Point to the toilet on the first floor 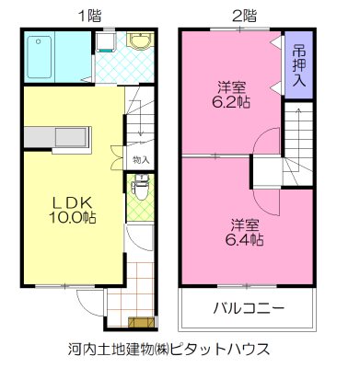click(140, 190)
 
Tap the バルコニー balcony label click(248, 307)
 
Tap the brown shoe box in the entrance click(143, 321)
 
